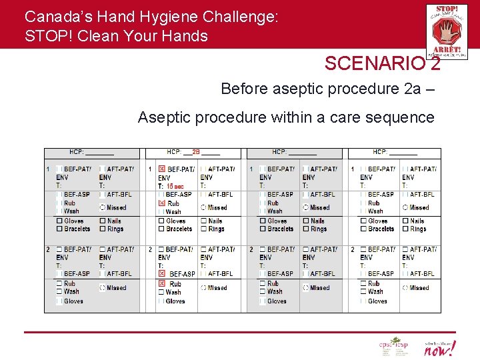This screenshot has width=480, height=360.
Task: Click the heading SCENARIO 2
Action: pyautogui.click(x=382, y=63)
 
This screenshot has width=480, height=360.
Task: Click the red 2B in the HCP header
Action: pyautogui.click(x=196, y=152)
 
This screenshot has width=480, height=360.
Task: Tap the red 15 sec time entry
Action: pyautogui.click(x=175, y=186)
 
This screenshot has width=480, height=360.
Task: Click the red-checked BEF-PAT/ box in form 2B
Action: pyautogui.click(x=162, y=169)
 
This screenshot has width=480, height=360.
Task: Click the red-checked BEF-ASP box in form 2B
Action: pyautogui.click(x=162, y=274)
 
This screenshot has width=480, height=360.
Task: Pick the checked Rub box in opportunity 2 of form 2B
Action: pyautogui.click(x=161, y=284)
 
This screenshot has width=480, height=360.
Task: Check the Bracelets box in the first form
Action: pyautogui.click(x=59, y=229)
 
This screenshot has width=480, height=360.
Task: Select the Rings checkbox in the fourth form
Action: pyautogui.click(x=405, y=229)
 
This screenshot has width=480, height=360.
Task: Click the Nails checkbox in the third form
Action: pyautogui.click(x=305, y=221)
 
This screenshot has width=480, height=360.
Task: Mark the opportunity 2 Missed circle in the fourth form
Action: pyautogui.click(x=405, y=288)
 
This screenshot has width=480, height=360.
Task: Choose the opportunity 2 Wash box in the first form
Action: pyautogui.click(x=59, y=291)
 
